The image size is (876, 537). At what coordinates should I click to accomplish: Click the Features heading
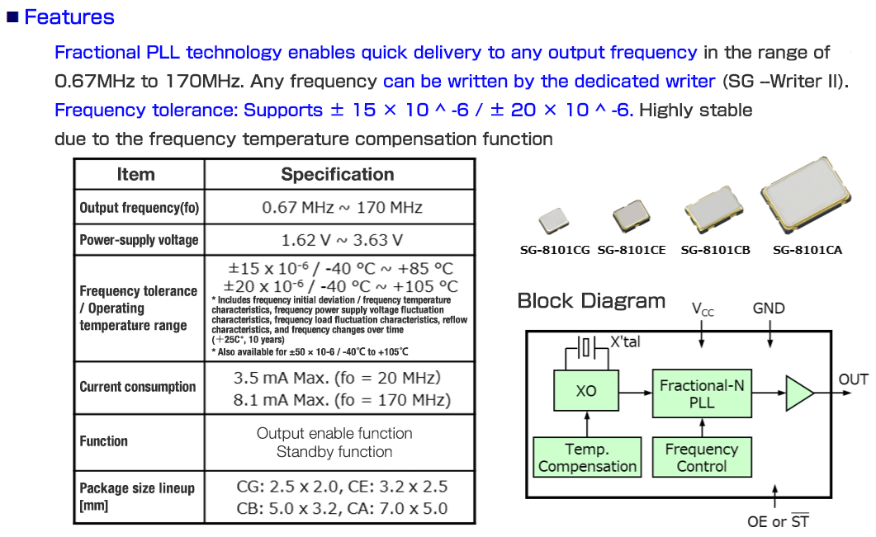(69, 17)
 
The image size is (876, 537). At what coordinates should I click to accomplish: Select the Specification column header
(338, 174)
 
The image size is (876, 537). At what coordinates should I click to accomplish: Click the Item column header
(135, 174)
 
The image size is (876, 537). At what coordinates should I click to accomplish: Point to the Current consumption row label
(138, 386)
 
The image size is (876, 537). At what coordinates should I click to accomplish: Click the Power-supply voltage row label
(139, 240)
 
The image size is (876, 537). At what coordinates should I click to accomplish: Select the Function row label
(104, 441)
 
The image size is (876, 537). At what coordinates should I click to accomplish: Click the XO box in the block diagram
(586, 391)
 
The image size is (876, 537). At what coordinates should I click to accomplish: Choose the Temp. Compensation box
(587, 458)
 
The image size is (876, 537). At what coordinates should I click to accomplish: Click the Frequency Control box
(702, 458)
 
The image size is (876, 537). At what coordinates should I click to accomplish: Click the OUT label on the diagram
(853, 379)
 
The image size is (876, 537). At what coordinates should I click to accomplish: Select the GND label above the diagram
(769, 309)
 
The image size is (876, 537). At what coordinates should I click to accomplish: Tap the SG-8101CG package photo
(552, 221)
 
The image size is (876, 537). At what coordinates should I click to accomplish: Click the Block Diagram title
(591, 301)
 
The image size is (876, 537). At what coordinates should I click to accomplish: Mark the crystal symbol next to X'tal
(585, 348)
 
